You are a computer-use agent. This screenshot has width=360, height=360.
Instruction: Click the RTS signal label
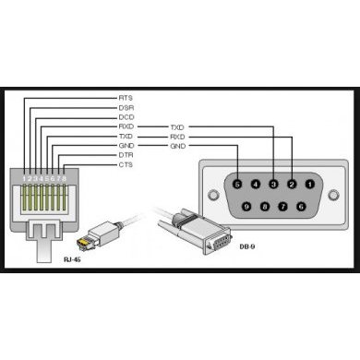[126, 96]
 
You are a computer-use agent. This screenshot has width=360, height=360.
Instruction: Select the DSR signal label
[126, 106]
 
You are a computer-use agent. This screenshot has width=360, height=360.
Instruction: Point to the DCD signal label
[126, 116]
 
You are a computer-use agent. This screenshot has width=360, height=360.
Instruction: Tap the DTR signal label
[126, 155]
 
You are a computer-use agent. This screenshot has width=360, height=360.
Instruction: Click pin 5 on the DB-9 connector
[238, 184]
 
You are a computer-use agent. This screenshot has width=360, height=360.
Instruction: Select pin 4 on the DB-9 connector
[257, 184]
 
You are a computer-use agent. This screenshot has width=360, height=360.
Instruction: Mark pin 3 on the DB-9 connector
[275, 184]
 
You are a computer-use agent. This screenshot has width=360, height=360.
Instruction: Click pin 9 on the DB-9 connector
[246, 205]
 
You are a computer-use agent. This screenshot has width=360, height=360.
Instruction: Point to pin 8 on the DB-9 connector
[266, 205]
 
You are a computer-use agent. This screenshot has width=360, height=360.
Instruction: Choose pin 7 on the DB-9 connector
[284, 205]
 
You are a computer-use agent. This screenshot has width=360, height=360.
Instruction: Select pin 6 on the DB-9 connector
[303, 205]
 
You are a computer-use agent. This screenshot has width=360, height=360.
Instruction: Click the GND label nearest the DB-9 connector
[177, 146]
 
